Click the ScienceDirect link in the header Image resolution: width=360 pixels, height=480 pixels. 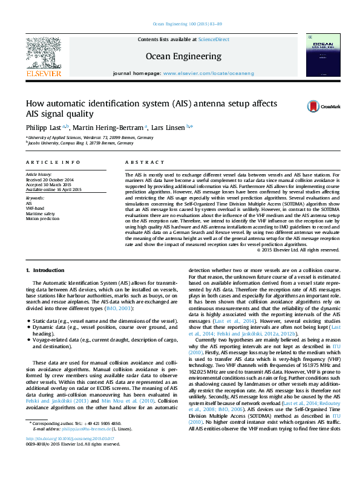[215, 39]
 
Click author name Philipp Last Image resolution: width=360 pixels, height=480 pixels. [44, 127]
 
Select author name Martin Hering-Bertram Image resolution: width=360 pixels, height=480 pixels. [110, 127]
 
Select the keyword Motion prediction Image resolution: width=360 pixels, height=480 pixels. [42, 218]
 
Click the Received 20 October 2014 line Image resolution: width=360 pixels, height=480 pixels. [49, 180]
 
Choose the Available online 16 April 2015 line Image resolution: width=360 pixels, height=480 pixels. [53, 189]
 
